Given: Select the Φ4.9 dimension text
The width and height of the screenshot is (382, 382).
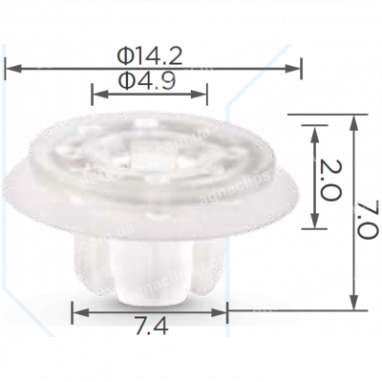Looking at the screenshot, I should point(148,81).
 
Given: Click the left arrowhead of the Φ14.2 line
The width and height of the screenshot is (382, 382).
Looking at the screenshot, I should point(11,67).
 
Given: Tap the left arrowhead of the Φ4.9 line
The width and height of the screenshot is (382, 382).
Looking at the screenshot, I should point(95,93).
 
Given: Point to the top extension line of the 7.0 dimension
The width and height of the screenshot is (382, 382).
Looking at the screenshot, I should point(325,112).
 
